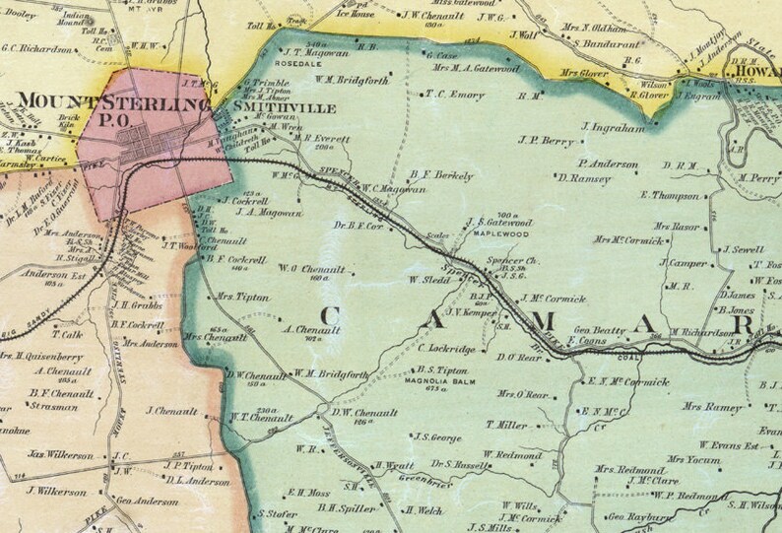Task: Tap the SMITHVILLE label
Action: pos(257,102)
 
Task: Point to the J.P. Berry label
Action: pos(544,140)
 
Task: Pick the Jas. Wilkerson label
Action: pos(61,456)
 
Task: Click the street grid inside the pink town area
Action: pos(153,148)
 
